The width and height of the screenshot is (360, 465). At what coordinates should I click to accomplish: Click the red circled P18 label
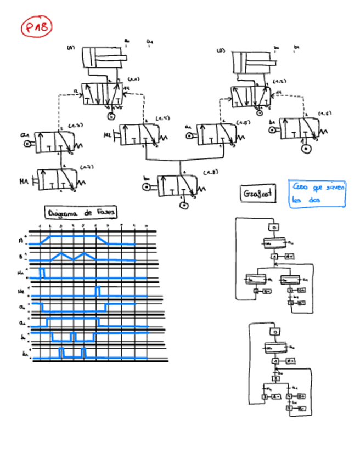pos(37,27)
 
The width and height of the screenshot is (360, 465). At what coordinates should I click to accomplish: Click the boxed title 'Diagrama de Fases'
pos(81,212)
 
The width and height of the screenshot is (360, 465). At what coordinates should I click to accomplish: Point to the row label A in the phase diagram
pos(20,239)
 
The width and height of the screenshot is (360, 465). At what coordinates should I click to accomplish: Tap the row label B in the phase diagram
pos(20,256)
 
